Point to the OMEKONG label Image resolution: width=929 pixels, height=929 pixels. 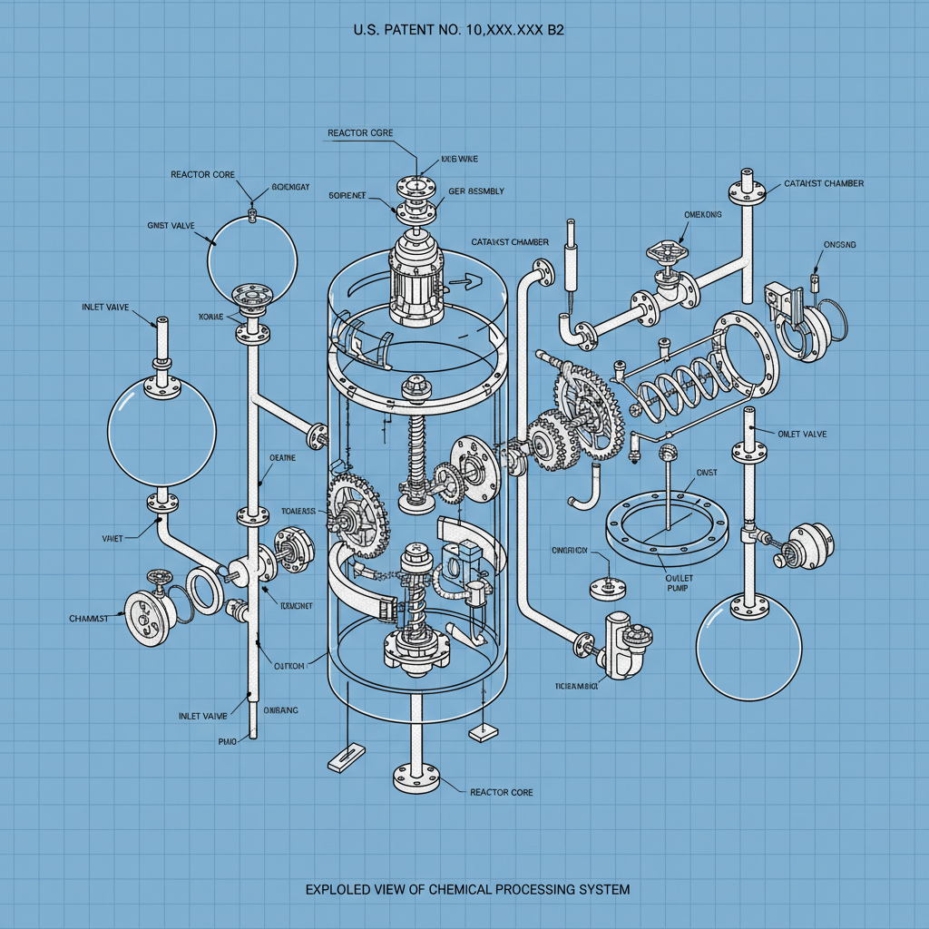(703, 215)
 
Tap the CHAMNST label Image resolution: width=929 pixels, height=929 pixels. (88, 619)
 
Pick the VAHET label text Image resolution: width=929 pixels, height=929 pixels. (112, 538)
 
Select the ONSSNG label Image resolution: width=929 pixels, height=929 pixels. (839, 245)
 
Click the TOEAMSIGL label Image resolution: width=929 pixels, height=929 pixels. (576, 686)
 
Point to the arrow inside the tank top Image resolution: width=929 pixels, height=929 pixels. (463, 282)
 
